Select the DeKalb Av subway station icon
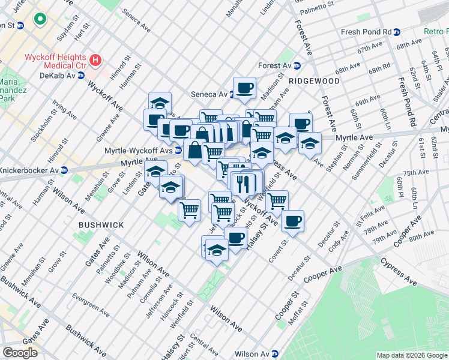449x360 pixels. [80, 76]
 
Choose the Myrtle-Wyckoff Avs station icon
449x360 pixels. [178, 150]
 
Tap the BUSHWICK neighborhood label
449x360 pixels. [101, 225]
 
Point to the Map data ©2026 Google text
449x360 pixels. [411, 355]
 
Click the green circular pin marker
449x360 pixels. [40, 20]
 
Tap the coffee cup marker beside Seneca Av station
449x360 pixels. [245, 88]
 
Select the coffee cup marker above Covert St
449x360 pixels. [292, 221]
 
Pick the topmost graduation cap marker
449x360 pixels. [160, 102]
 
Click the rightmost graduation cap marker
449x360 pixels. [310, 143]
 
